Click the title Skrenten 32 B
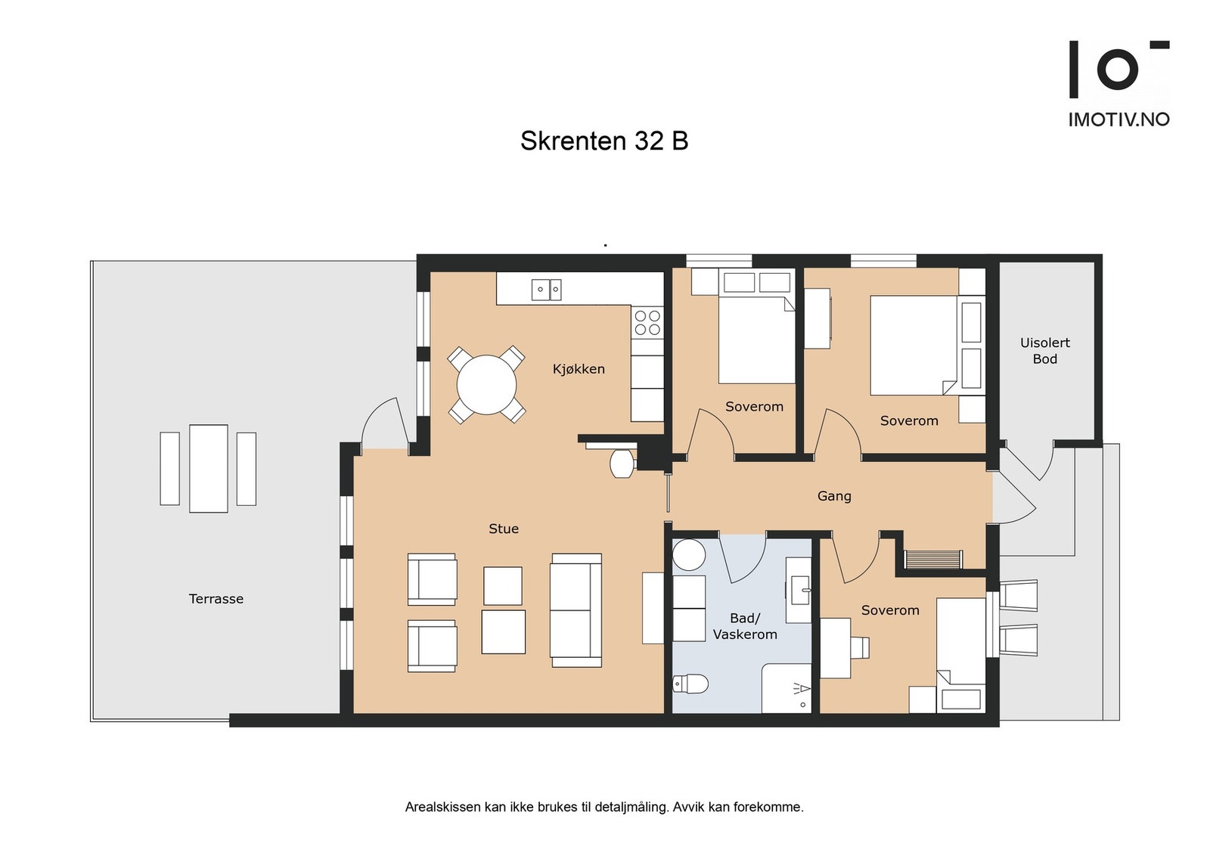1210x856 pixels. (x=603, y=141)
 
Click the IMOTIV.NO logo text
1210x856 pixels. (x=1118, y=119)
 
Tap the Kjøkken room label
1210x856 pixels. (x=579, y=369)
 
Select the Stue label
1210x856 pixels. (x=504, y=529)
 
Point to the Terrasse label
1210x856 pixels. (x=216, y=599)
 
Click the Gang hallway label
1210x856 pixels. (x=834, y=496)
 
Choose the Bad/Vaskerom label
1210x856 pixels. (x=745, y=626)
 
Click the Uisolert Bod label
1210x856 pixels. (x=1045, y=351)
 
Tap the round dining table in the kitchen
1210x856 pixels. (x=486, y=385)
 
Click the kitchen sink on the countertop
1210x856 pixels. (x=546, y=289)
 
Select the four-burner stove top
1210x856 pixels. (x=647, y=323)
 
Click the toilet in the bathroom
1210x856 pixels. (x=690, y=684)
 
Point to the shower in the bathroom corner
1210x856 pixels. (x=787, y=688)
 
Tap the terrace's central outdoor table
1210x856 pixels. (x=209, y=469)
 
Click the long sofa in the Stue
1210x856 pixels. (x=576, y=610)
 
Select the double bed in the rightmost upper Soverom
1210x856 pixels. (x=913, y=345)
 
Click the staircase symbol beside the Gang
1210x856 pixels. (x=933, y=560)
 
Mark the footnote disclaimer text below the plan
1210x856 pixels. (x=603, y=807)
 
